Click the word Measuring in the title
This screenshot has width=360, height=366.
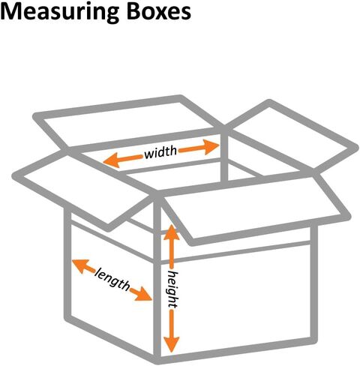(60, 12)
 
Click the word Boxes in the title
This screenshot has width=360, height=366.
(159, 11)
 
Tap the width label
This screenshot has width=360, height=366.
(160, 151)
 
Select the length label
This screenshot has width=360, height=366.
(112, 279)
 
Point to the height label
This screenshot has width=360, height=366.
(172, 289)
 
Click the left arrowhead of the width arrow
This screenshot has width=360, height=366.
(111, 160)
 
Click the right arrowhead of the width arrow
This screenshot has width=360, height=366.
(211, 147)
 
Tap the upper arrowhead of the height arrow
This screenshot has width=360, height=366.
(172, 232)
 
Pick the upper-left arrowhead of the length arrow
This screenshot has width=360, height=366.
(80, 265)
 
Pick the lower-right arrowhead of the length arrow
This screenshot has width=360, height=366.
(142, 295)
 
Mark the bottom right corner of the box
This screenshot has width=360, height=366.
(313, 340)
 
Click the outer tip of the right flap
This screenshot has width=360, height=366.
(346, 215)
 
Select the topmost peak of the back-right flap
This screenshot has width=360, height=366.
(269, 103)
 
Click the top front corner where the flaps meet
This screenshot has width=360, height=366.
(157, 196)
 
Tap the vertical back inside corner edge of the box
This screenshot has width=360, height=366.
(224, 155)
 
